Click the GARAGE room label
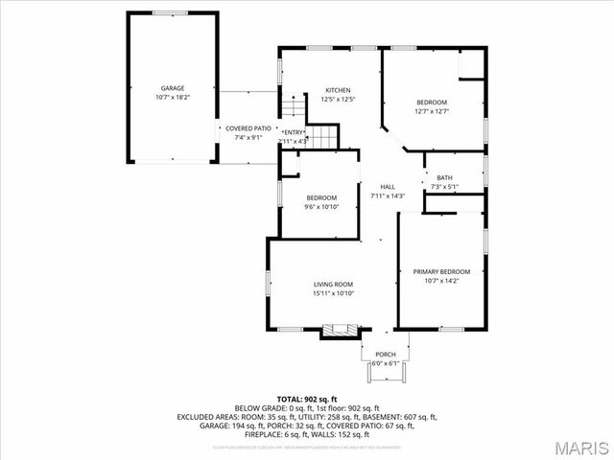[173, 88]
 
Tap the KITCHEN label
[338, 90]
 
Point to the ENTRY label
[293, 132]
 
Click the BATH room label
[445, 177]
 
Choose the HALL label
[388, 186]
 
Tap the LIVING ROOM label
[333, 284]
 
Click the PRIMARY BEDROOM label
[442, 272]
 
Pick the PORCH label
[385, 354]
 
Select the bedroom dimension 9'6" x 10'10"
[321, 207]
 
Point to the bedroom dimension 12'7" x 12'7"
[432, 111]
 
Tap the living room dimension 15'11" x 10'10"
[333, 293]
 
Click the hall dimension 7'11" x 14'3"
[388, 195]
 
